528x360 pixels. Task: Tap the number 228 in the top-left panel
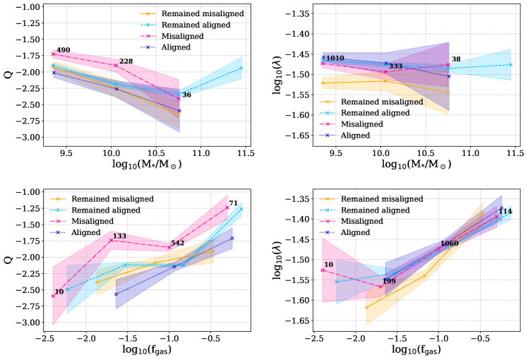(x=126, y=61)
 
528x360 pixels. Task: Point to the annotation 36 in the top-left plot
(x=186, y=95)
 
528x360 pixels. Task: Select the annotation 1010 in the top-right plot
(x=335, y=58)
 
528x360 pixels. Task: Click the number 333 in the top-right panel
(x=395, y=66)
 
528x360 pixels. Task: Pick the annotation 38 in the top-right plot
(x=456, y=59)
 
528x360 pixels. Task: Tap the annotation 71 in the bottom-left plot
(x=233, y=204)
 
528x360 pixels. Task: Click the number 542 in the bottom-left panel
(x=177, y=244)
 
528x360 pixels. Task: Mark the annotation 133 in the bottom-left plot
(x=119, y=236)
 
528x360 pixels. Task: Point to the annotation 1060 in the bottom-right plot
(x=449, y=244)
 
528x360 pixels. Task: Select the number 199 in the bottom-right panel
(x=389, y=282)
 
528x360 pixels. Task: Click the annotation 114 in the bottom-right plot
(x=505, y=211)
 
